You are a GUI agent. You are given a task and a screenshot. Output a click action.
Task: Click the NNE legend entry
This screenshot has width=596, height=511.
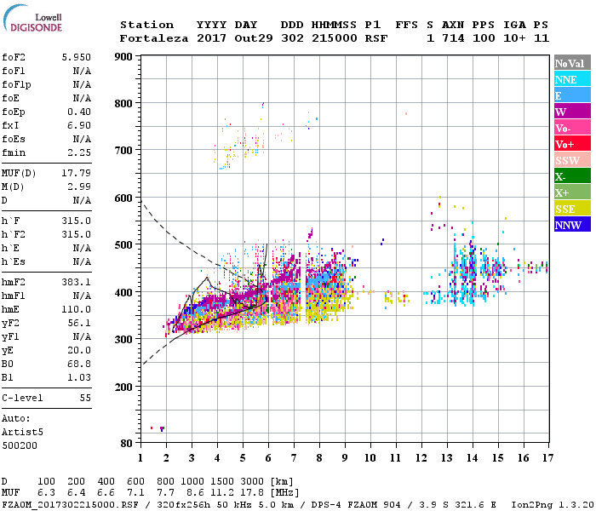pos(571,79)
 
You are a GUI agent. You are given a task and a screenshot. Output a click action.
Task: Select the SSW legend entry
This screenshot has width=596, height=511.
pos(571,160)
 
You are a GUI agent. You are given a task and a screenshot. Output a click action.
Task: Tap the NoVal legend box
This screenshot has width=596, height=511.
pos(571,63)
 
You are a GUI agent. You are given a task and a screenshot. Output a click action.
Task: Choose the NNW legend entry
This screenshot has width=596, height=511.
pos(571,225)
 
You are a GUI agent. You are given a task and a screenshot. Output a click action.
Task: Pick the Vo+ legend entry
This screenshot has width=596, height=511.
pos(571,144)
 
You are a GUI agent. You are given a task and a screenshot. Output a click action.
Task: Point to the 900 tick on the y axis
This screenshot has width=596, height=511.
pos(124,57)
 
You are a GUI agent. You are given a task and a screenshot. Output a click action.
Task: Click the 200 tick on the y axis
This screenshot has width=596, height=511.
pos(124,387)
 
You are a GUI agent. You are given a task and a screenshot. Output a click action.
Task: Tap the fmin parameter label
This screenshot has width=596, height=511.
pos(14,153)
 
